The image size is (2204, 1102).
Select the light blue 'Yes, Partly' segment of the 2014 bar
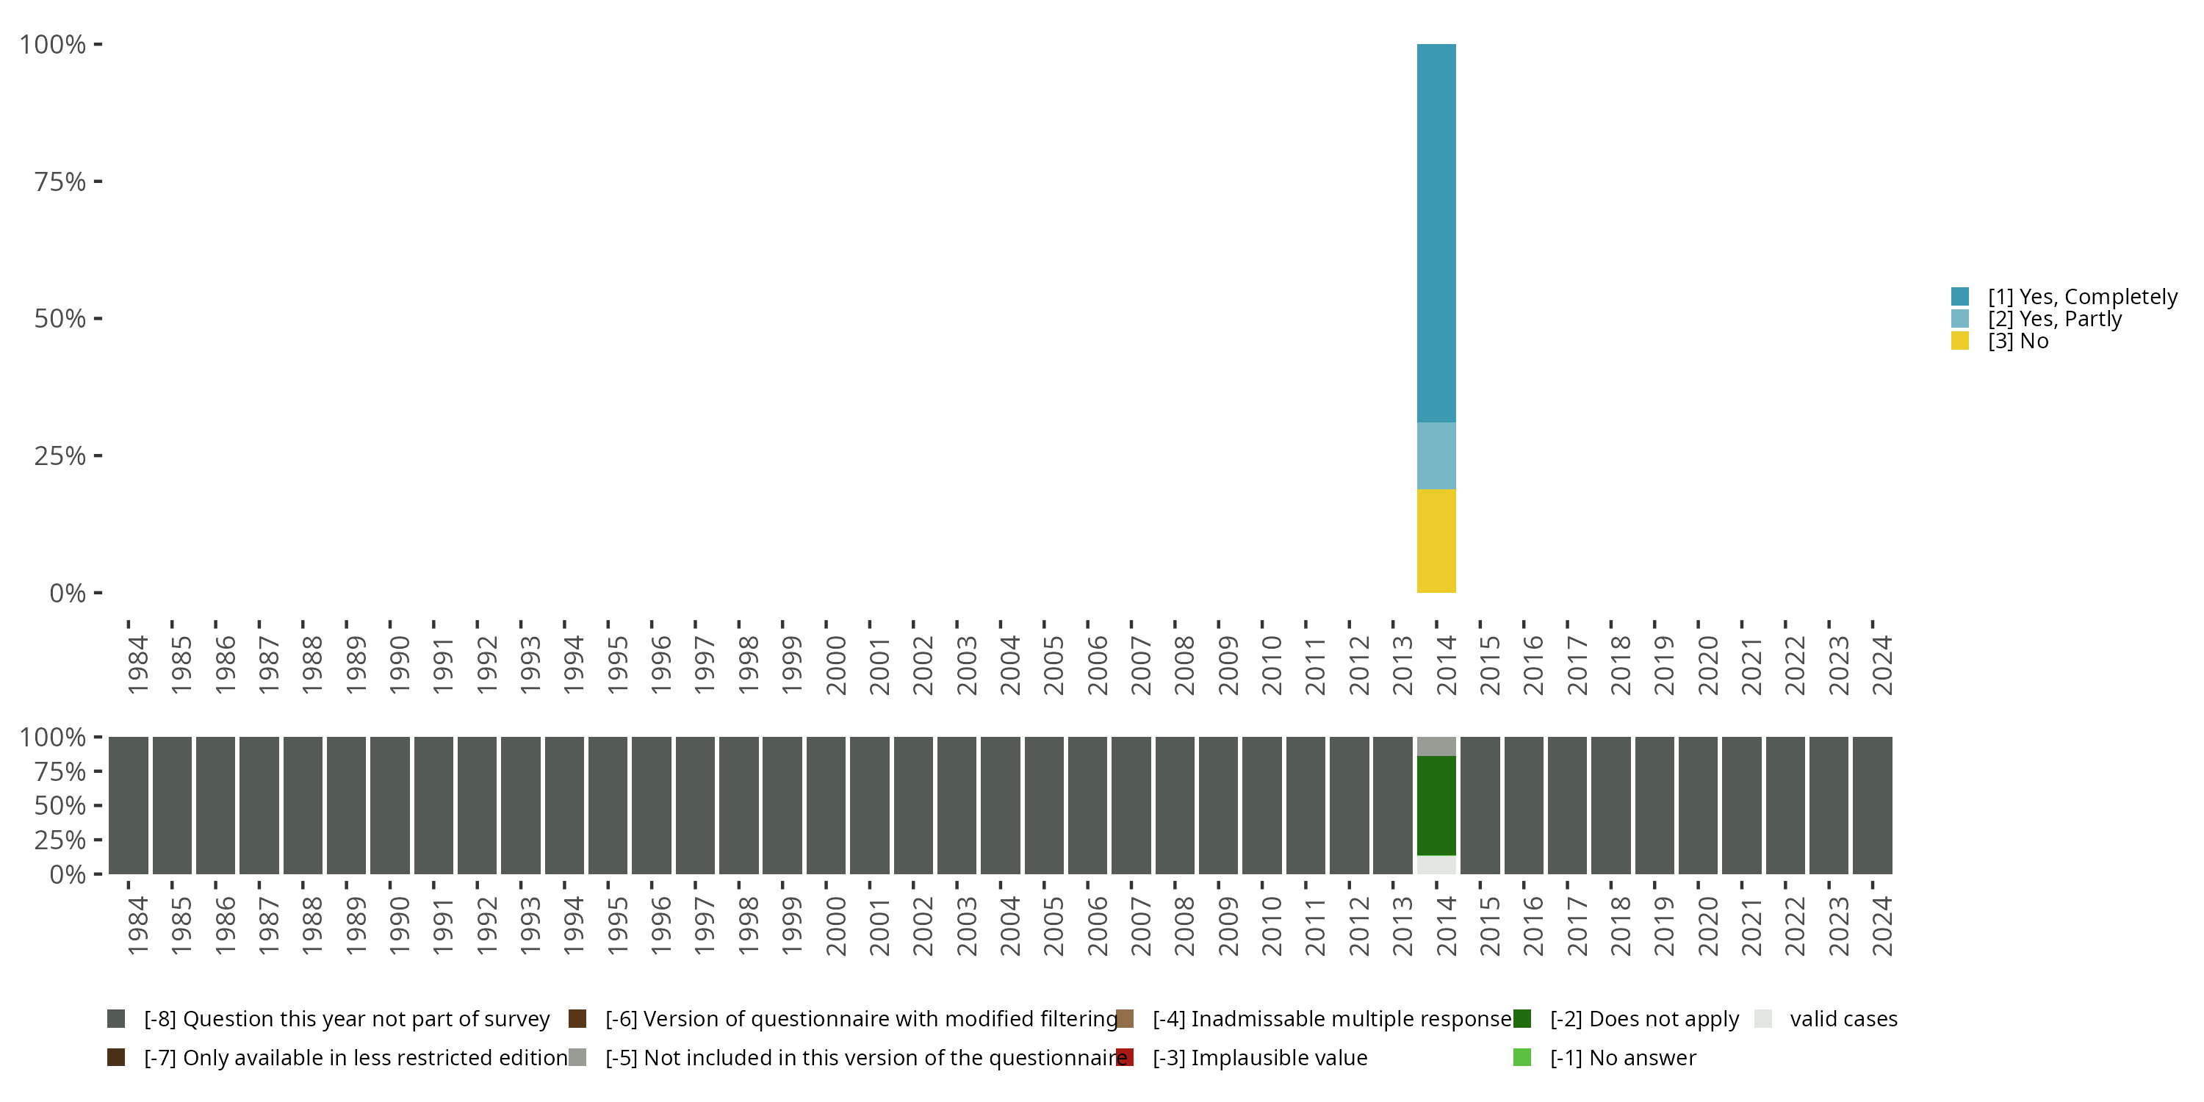click(1436, 455)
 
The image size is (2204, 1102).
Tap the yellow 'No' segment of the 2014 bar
click(1436, 541)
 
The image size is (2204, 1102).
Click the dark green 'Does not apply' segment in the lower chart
click(1436, 805)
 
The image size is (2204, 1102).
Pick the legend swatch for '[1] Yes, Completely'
click(1960, 297)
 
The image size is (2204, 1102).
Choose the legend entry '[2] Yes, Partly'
click(2054, 319)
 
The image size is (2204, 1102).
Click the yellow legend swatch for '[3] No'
click(1960, 342)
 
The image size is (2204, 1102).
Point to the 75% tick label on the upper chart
click(60, 181)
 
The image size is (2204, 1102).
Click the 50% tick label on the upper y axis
click(60, 319)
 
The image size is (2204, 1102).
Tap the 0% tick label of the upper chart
click(67, 593)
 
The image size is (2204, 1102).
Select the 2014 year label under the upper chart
click(1445, 665)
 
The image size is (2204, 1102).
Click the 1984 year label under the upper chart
click(137, 665)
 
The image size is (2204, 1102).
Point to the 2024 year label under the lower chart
click(1881, 926)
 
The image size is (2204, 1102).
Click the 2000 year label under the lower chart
click(835, 926)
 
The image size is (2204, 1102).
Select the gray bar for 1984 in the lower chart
click(129, 805)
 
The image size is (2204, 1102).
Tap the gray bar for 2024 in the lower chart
click(1872, 805)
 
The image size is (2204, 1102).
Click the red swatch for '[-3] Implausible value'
click(1125, 1057)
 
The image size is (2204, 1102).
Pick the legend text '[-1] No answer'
click(1622, 1057)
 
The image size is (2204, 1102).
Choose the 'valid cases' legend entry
click(1843, 1019)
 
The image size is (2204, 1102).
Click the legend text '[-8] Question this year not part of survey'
click(347, 1019)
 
